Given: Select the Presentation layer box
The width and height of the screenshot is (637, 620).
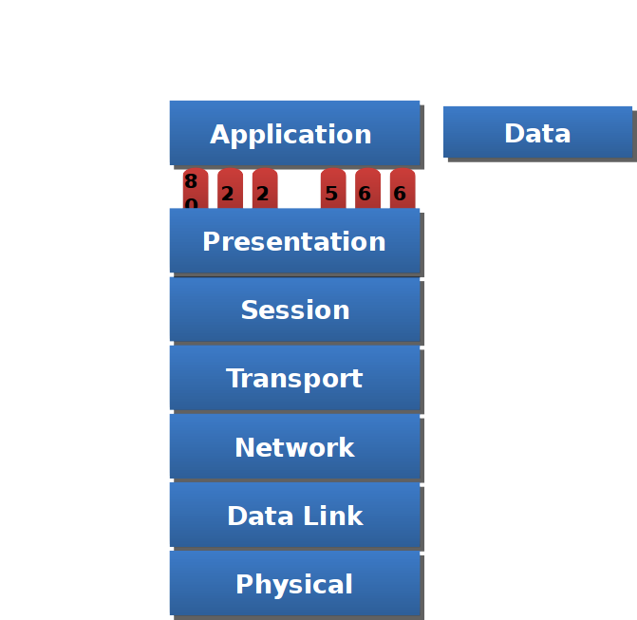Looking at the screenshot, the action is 294,241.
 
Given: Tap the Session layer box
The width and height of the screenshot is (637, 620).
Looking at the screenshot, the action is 294,310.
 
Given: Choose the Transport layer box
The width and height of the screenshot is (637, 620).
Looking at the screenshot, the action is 294,378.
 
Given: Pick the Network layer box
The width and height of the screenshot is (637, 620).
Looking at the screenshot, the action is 294,447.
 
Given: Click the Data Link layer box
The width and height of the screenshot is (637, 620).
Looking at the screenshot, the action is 294,516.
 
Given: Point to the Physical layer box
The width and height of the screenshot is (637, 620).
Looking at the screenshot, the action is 294,584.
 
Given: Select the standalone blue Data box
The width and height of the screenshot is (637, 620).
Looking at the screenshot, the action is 537,133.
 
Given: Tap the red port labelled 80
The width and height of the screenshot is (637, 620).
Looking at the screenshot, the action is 195,189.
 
